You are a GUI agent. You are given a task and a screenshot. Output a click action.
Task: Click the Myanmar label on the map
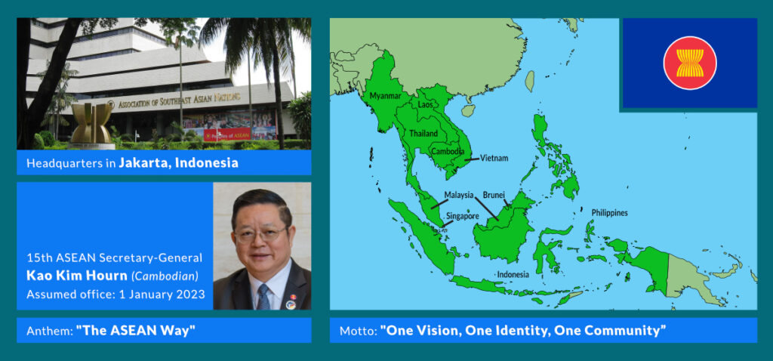point(386,97)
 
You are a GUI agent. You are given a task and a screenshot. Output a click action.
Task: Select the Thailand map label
point(423,134)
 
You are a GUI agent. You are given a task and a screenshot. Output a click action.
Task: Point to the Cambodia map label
point(448,151)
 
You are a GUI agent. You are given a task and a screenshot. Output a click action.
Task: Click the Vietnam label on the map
point(494,159)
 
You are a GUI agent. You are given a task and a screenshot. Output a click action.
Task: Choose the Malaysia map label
point(458,195)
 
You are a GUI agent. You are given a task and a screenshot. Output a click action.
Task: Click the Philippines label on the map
point(608,213)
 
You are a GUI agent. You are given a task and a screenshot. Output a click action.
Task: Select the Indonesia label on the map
point(513,274)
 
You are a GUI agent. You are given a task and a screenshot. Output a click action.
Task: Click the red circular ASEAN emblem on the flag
point(689,63)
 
